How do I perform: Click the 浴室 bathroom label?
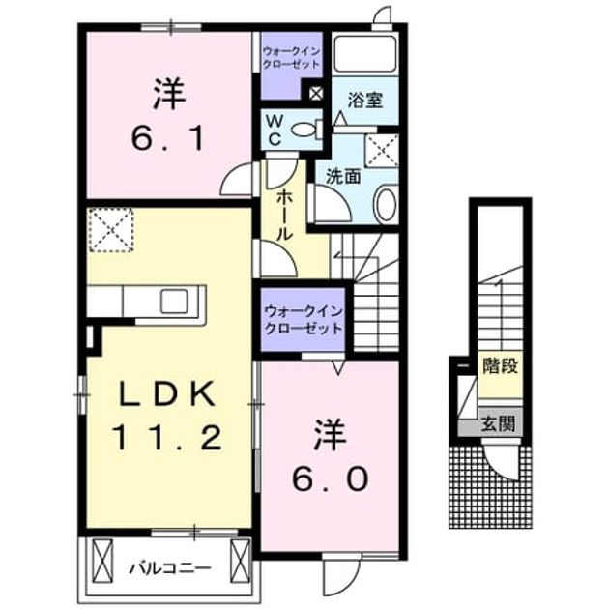point(365,101)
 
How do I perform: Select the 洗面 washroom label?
point(343,177)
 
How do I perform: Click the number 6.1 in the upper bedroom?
point(168,140)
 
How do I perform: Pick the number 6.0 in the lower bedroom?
point(330,478)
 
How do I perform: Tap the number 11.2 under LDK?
point(168,437)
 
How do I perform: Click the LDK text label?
point(168,393)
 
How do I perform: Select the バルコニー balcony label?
point(170,568)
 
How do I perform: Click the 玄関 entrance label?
point(499,423)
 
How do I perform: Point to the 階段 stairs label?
point(501,365)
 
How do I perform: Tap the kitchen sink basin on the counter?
point(174,302)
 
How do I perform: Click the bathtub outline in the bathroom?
point(365,54)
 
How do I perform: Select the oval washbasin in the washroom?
point(387,204)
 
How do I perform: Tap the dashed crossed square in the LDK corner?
point(111,230)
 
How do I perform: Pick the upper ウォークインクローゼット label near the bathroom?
point(291,57)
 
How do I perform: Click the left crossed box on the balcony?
point(102,560)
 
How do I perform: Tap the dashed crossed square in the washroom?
point(382,151)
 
